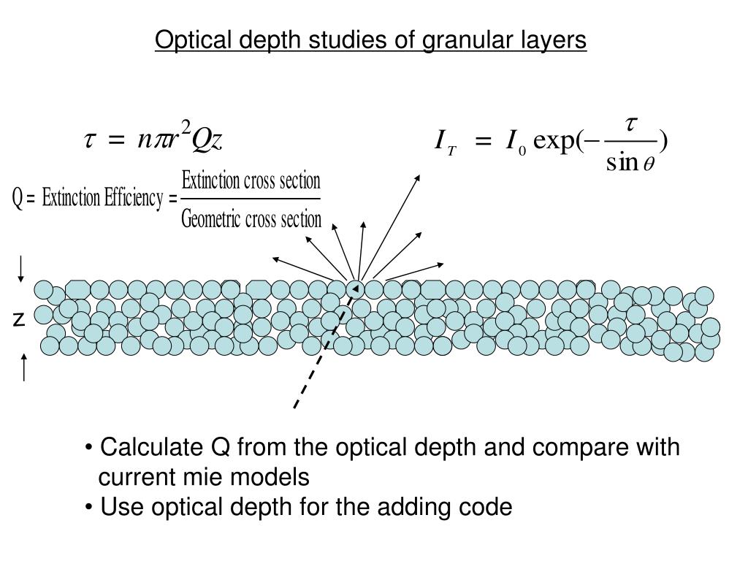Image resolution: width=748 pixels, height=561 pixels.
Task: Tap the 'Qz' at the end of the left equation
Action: (206, 141)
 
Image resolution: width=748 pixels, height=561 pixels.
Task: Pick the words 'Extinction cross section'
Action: (251, 180)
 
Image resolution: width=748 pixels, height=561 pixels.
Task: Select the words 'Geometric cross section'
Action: (251, 218)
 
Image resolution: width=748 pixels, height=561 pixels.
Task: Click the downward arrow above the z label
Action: (22, 269)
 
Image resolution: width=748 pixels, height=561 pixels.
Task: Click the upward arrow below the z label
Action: (25, 367)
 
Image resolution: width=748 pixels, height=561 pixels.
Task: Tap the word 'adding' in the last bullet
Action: (397, 506)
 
